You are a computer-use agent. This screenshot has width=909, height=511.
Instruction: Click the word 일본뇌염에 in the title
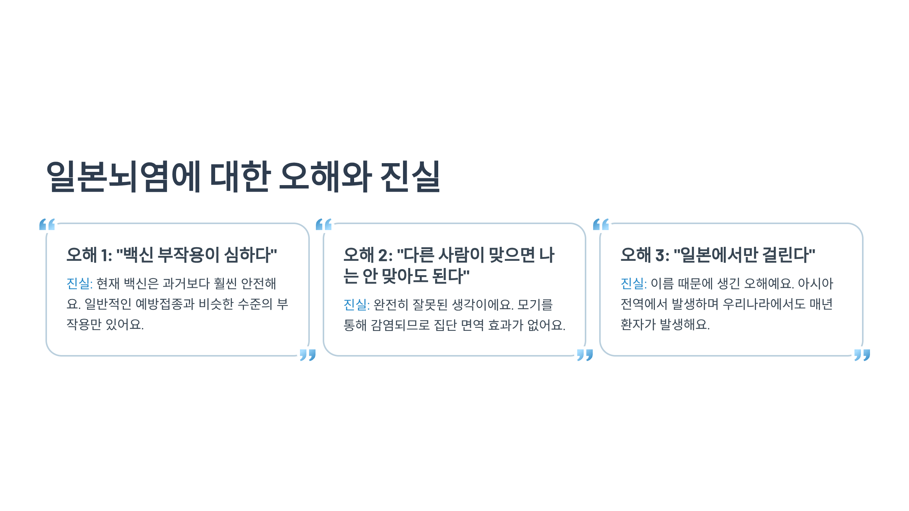pos(123,176)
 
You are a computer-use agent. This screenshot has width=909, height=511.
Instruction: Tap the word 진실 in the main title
pos(410,176)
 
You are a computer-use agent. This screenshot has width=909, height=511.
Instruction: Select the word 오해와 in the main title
pos(325,176)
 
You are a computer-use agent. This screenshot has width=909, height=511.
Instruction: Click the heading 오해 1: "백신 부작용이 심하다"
pos(172,255)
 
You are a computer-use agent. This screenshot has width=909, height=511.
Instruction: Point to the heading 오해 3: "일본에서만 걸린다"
pos(718,255)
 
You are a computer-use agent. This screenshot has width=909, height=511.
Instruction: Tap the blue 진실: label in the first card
pos(80,284)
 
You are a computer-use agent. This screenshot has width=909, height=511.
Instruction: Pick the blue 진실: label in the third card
pos(634,284)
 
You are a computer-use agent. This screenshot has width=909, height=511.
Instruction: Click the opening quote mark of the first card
pos(47,224)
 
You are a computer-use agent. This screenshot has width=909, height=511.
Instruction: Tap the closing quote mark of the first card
pos(308,355)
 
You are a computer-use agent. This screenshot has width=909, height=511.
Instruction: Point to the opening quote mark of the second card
pos(324,224)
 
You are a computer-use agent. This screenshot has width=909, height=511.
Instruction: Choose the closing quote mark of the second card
pos(585,355)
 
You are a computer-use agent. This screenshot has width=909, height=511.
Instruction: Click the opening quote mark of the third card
pos(601,224)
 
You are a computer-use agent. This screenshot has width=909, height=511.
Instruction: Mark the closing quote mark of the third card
pos(862,355)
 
